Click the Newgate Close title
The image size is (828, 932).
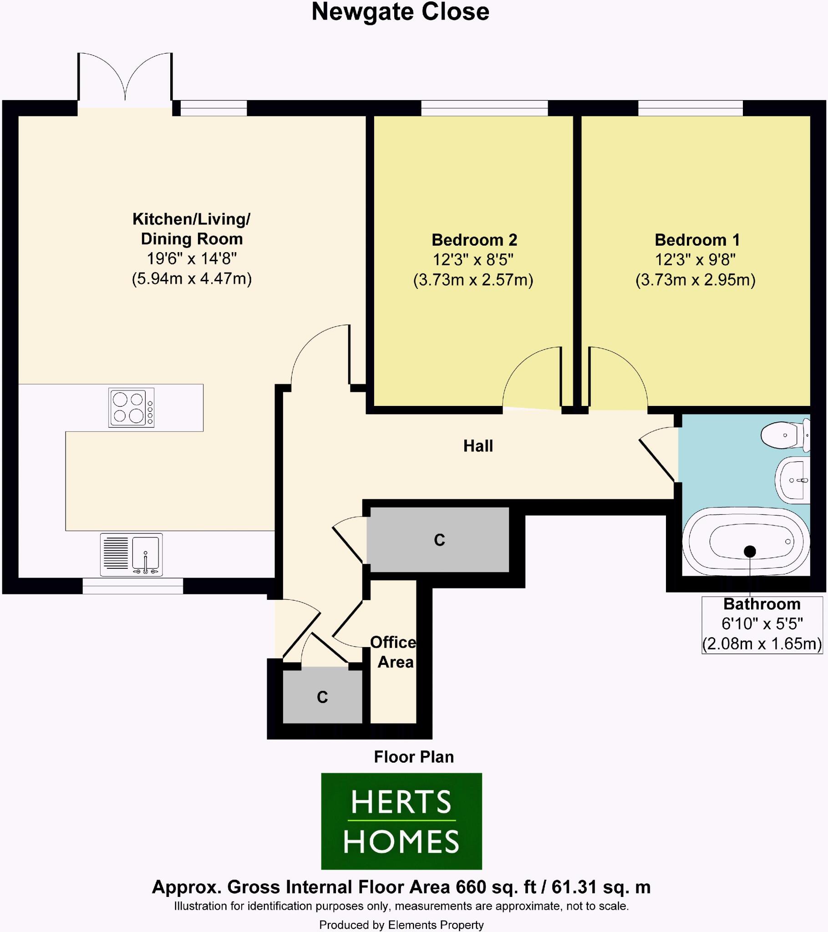point(400,12)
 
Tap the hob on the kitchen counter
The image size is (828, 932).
point(132,407)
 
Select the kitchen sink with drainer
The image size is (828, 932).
point(132,554)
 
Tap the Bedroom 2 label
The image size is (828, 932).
point(474,240)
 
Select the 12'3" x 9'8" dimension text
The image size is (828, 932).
point(695,260)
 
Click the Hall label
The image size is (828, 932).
point(477,446)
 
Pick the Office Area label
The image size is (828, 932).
point(393,652)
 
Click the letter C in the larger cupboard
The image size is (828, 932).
point(439,540)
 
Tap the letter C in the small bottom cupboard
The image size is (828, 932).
point(322,697)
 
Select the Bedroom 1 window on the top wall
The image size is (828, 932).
point(690,108)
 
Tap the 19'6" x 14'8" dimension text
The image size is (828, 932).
point(192,258)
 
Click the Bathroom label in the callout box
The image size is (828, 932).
point(762,604)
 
